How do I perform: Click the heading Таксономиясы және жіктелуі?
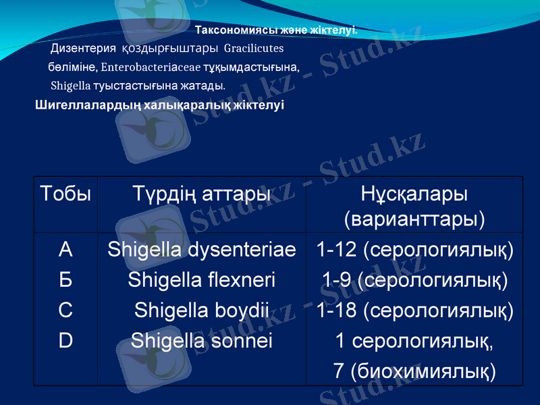point(276,30)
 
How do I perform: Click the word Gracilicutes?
point(253,49)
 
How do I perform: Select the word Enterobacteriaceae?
point(140,67)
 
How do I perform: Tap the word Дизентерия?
point(84,49)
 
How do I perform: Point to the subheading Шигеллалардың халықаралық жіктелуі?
point(159,105)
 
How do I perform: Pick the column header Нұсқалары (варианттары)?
point(414,207)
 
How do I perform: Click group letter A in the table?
point(65,250)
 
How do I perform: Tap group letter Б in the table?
point(65,279)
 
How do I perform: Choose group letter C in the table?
point(65,310)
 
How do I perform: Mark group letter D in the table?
point(65,340)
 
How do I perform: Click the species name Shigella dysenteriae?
point(202,250)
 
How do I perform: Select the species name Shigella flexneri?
point(202,279)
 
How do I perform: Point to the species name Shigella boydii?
point(202,310)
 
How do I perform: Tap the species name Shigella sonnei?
point(202,340)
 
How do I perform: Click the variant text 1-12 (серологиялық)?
point(414,250)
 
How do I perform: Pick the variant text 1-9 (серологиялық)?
point(414,279)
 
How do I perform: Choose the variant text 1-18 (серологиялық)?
point(414,310)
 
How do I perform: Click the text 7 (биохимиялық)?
point(414,371)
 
